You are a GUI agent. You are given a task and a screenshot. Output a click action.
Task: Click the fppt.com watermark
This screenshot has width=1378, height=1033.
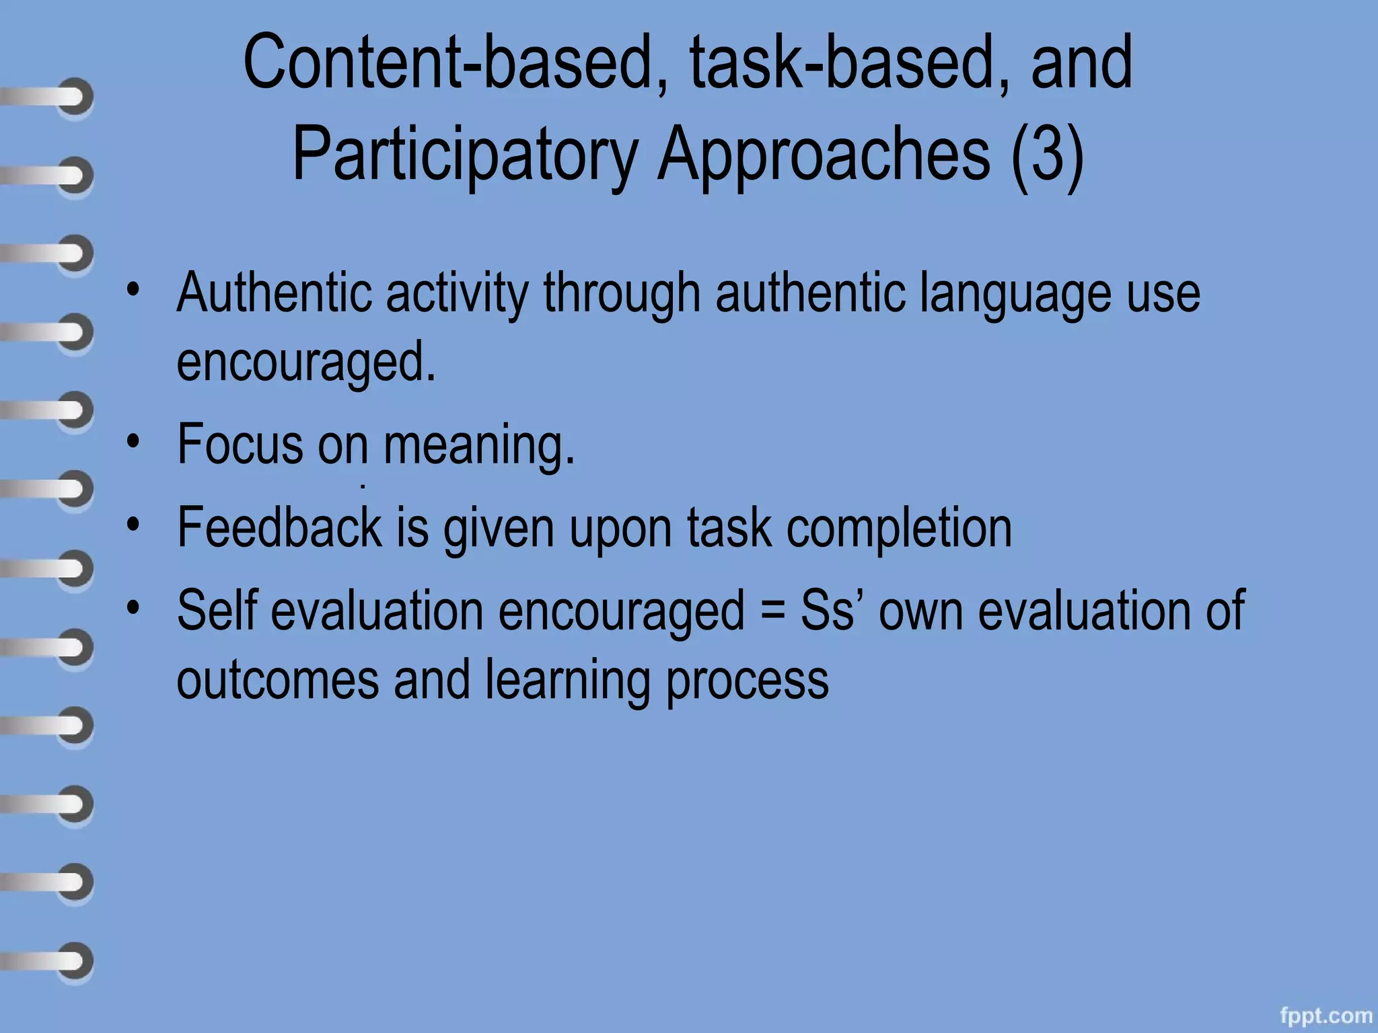click(1326, 1015)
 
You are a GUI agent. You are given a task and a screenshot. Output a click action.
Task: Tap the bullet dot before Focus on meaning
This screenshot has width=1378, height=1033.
click(134, 441)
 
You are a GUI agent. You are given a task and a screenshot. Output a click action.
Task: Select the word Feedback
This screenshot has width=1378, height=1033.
click(279, 527)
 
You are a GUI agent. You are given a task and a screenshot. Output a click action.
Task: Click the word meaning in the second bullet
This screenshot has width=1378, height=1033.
click(478, 445)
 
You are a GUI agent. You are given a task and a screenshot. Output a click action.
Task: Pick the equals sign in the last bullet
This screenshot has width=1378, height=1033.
click(772, 611)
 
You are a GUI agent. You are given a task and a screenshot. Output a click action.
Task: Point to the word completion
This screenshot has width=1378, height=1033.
click(899, 529)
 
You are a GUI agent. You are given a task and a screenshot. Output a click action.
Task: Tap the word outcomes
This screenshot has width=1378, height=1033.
click(278, 680)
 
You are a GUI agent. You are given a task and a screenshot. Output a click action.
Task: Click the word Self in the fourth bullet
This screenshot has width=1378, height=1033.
click(217, 611)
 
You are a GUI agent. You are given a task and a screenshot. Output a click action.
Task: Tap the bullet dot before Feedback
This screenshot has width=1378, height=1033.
click(134, 525)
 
